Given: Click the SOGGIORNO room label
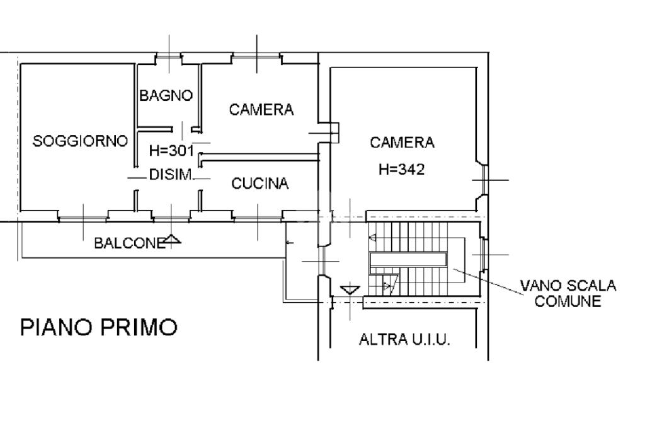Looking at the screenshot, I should (x=80, y=141).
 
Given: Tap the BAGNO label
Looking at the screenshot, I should (x=166, y=96).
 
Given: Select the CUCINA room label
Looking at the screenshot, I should (x=260, y=183).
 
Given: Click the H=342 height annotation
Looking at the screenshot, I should (x=402, y=169).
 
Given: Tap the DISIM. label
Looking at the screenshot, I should (x=170, y=175).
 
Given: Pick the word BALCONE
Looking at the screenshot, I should (x=129, y=243).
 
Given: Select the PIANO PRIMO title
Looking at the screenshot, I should (x=99, y=328).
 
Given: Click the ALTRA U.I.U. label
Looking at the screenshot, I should (x=404, y=340).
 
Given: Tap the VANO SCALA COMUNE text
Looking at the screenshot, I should (x=568, y=294).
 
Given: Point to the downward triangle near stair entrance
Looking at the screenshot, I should (x=350, y=290).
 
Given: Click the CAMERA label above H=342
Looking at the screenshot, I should (x=402, y=142).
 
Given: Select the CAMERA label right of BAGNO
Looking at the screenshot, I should (x=261, y=110).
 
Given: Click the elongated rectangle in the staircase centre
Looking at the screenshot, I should (x=408, y=259).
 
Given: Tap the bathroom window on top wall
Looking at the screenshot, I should (x=169, y=57).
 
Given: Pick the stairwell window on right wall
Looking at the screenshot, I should (x=483, y=255).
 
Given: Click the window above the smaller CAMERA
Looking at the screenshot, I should (x=256, y=57).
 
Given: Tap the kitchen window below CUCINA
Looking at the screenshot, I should (x=257, y=218).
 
